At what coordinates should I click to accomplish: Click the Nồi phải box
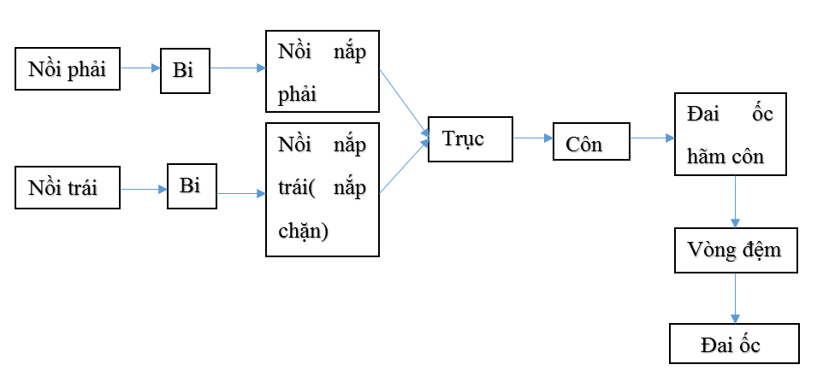click(x=68, y=69)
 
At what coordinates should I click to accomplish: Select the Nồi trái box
click(x=68, y=188)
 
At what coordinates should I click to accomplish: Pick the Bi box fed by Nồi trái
click(x=192, y=186)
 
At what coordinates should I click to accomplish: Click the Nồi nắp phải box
click(x=323, y=71)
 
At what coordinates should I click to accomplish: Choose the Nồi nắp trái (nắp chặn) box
click(x=323, y=190)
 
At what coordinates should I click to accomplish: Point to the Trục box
click(x=470, y=138)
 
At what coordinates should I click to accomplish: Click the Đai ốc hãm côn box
click(x=730, y=134)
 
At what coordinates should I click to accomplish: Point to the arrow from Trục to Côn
click(x=533, y=137)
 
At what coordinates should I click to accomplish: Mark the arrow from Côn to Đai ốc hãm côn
click(x=652, y=137)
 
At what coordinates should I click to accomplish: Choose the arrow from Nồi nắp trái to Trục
click(x=404, y=167)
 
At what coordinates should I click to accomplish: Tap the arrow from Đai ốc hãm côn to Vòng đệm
click(x=734, y=202)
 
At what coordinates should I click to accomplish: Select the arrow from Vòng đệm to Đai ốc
click(x=734, y=297)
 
